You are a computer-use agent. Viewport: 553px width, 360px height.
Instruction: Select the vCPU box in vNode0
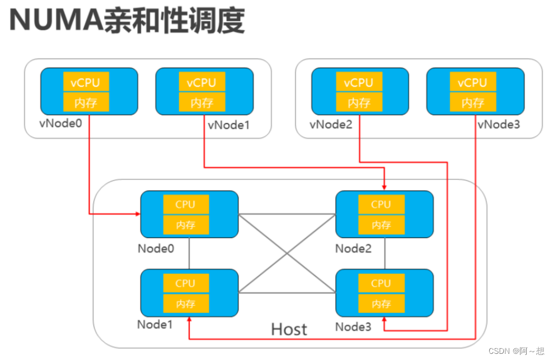[x=85, y=83]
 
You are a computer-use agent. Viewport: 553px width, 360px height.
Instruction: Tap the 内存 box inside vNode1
[x=201, y=102]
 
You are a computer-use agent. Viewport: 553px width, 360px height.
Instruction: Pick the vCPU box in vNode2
[x=358, y=83]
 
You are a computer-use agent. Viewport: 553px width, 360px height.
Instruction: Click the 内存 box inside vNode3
[x=472, y=102]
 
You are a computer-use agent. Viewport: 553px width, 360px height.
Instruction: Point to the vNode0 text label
[x=61, y=123]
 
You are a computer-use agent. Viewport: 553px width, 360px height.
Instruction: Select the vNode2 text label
[x=331, y=124]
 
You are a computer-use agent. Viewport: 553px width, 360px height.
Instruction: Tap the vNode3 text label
[x=499, y=124]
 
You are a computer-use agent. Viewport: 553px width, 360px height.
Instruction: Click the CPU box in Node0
[x=185, y=204]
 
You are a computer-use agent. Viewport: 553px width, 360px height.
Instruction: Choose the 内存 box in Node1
[x=185, y=303]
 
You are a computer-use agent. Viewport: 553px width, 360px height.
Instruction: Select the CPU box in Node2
[x=381, y=204]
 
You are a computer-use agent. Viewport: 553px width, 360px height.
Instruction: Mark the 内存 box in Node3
[x=381, y=303]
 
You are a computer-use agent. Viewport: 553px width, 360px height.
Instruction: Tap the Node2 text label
[x=353, y=248]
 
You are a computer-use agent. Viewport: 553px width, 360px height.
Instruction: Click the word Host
[x=289, y=329]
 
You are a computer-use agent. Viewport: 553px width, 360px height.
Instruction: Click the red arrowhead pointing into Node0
[x=137, y=213]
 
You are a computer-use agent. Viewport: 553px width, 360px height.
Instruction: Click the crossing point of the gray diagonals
[x=287, y=254]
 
